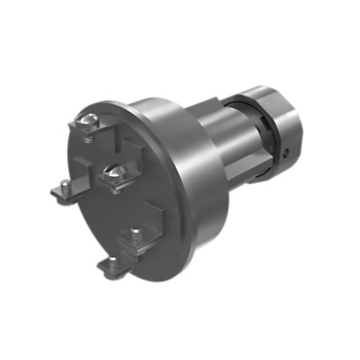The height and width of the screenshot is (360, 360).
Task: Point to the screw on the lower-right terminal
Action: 135,234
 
